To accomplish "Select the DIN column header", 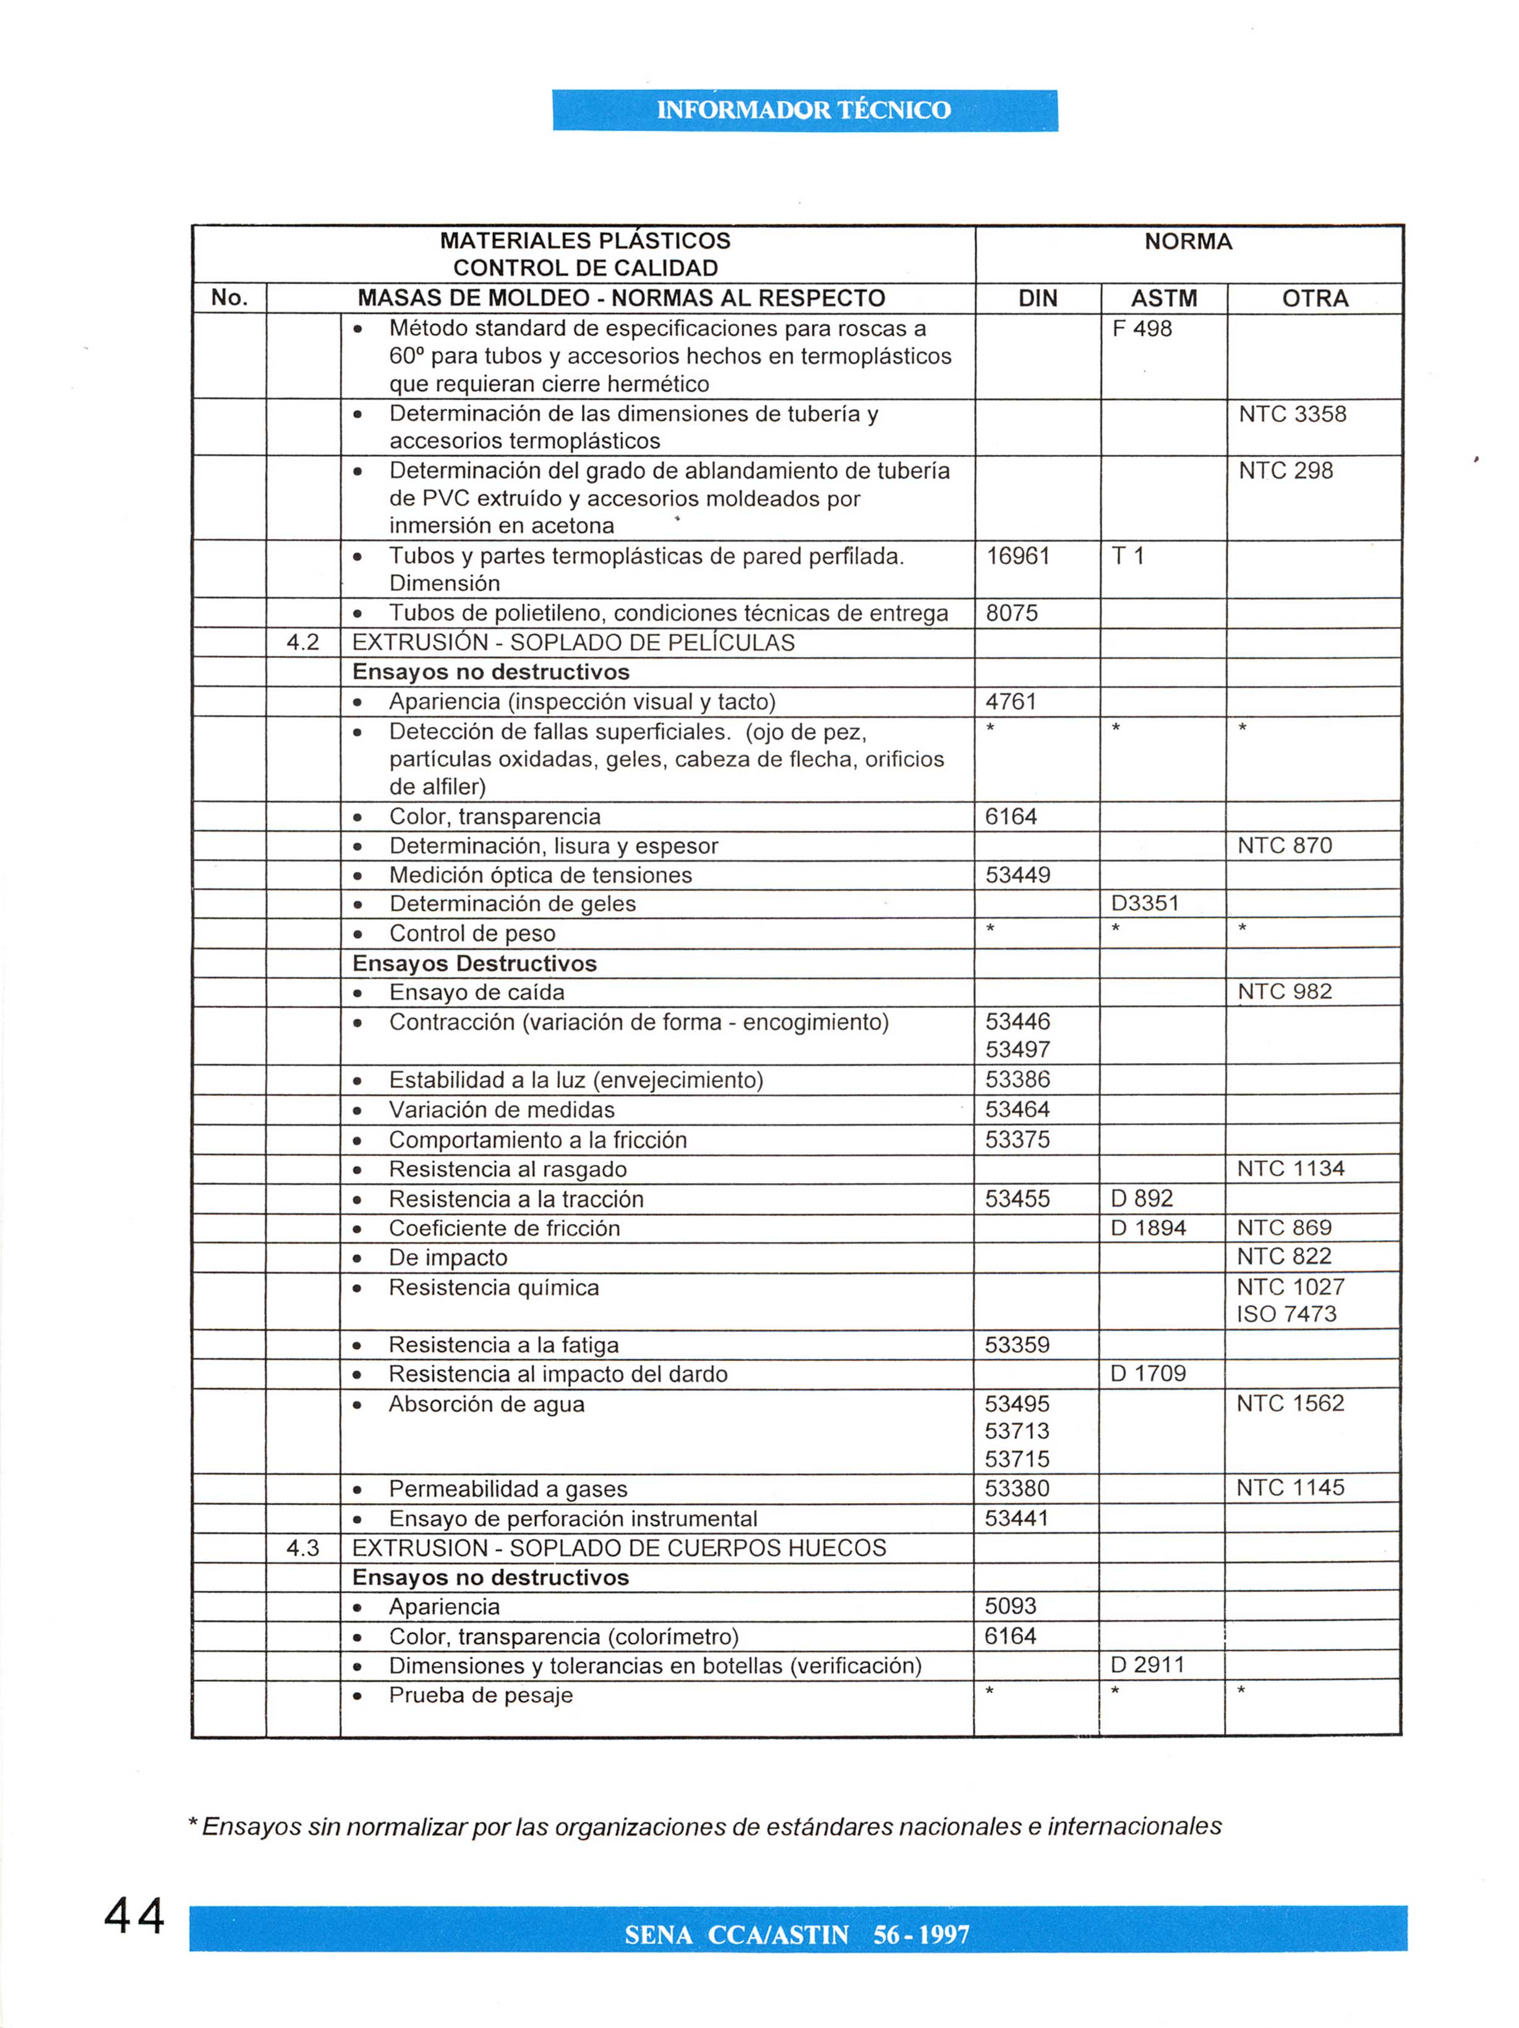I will point(1037,298).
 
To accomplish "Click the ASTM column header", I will point(1163,298).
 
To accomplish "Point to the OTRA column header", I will point(1314,298).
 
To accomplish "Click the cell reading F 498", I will point(1141,328).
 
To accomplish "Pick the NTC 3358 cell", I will point(1291,414).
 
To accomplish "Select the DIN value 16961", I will point(1017,556).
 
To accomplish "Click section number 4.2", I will point(302,642).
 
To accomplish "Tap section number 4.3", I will point(302,1548).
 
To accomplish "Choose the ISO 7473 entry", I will point(1286,1314).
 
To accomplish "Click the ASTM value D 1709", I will point(1147,1373).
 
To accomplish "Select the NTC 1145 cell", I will point(1290,1487).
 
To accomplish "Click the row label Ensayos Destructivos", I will point(474,964).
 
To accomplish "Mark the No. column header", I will point(229,297).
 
